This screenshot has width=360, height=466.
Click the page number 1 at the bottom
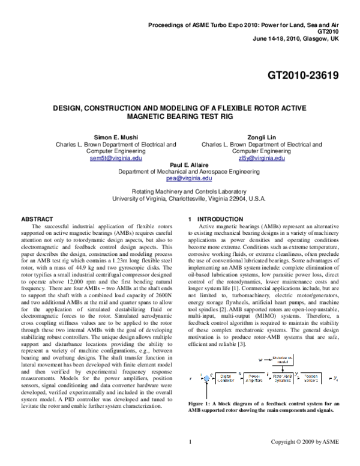[190, 458]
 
